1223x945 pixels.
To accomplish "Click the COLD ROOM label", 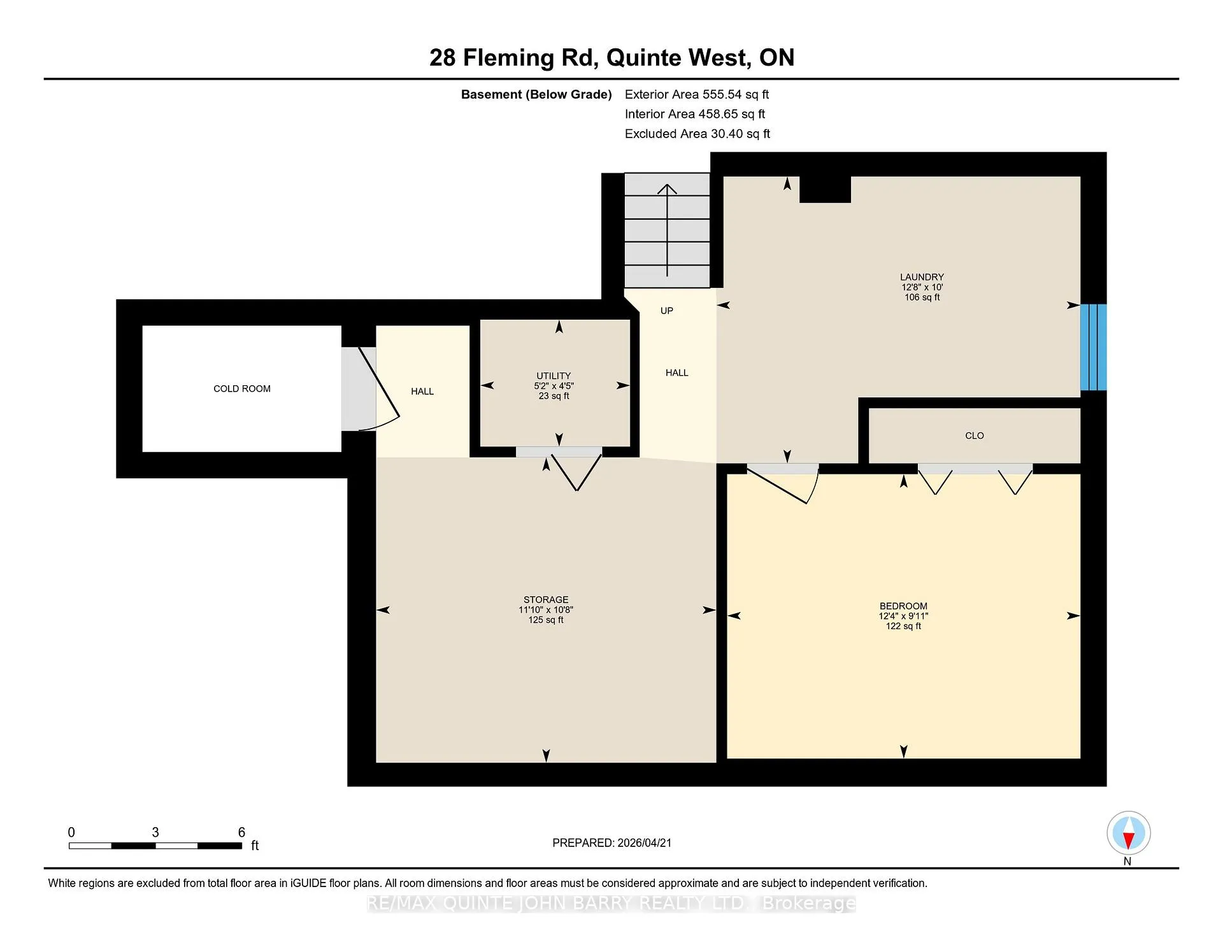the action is coord(242,388).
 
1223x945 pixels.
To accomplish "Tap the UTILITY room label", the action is coord(554,376).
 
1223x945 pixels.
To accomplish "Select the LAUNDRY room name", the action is coord(922,277).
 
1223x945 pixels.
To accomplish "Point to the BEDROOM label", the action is coord(903,606).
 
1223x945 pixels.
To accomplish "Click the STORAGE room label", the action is coord(546,600).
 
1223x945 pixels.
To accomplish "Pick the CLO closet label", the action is coord(975,436).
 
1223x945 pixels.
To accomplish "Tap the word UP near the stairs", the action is coord(667,311).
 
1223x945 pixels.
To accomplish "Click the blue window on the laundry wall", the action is coord(1094,347).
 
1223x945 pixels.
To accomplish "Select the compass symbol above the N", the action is coord(1128,833).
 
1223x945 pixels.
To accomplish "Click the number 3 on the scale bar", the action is coord(155,832).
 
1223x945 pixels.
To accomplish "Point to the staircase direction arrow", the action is coord(667,231).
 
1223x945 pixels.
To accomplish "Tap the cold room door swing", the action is coord(379,389).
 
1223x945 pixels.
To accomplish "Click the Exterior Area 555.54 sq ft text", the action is coord(697,94).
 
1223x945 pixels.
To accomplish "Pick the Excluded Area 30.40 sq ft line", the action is coord(697,134).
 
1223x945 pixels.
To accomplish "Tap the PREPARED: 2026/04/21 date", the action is coord(612,842).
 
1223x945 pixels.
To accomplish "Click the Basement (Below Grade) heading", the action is coord(536,94).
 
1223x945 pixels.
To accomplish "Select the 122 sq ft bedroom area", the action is coord(903,626).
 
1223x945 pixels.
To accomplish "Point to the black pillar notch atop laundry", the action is coord(825,189).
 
